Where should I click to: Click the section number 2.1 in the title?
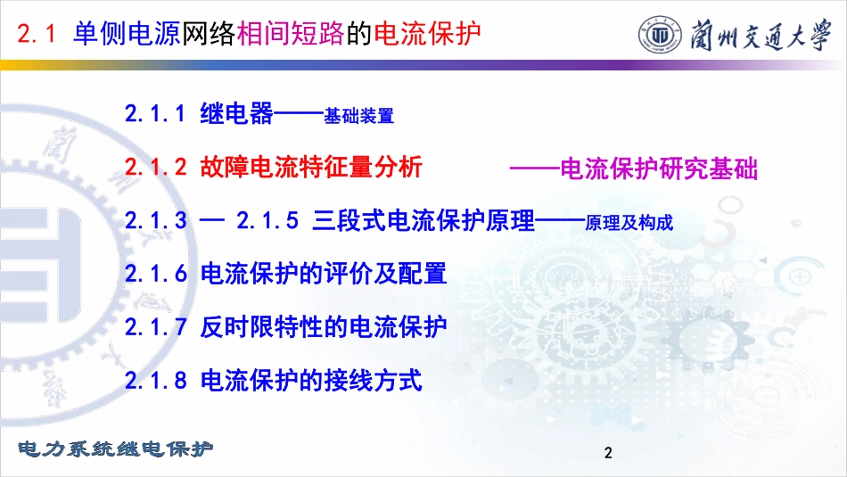tap(37, 34)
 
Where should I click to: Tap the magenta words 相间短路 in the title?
tap(291, 34)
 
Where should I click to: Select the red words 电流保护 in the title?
tap(427, 34)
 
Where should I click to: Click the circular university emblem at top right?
tap(660, 35)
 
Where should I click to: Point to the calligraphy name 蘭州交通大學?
tap(761, 35)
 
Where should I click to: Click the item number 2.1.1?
tap(155, 114)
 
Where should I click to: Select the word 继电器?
tap(236, 113)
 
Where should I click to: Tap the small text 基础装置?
tap(358, 116)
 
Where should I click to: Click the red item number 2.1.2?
tap(155, 167)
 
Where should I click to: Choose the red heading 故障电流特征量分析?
tap(311, 167)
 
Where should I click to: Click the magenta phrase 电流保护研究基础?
tap(659, 169)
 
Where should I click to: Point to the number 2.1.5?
tap(267, 220)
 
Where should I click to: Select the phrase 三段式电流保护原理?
tap(423, 220)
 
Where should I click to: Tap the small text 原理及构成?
tap(629, 223)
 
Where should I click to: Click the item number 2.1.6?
tap(156, 274)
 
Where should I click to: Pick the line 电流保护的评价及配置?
tap(324, 274)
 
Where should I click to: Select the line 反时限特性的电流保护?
tap(324, 327)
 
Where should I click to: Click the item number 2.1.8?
tap(156, 381)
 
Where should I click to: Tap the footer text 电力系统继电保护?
tap(115, 448)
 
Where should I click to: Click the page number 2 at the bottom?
tap(608, 453)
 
